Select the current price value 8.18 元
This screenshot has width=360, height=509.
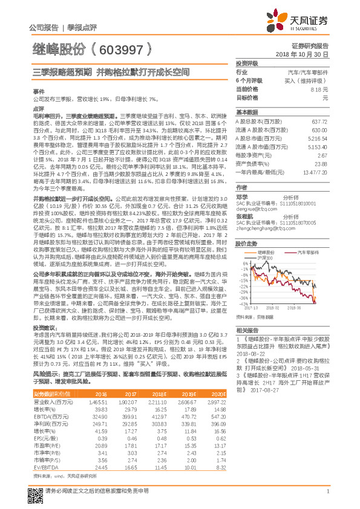click(x=318, y=89)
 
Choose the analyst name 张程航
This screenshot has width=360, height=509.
click(x=244, y=216)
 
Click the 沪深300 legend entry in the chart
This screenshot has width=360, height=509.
click(x=265, y=258)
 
